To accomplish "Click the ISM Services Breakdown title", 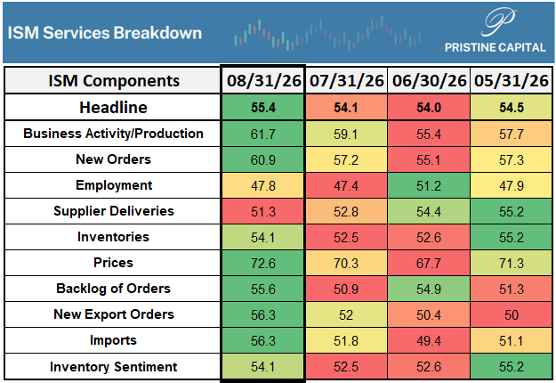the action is pos(105,33).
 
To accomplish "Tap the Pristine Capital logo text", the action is pos(495,47).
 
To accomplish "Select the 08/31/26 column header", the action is pos(263,81).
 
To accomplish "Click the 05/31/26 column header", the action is pos(512,81).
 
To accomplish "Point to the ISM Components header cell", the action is pos(114,81).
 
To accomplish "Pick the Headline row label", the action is pos(113,107).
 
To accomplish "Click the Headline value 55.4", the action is pos(263,108).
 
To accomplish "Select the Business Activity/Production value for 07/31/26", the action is pos(346,134).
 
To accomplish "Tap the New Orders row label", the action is pos(113,159).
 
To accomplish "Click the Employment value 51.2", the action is pos(429,185).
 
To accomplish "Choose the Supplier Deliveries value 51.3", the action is pos(263,212).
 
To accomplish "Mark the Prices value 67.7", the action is pos(429,264).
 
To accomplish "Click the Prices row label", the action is pos(113,263).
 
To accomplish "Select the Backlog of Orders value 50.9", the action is pos(346,289).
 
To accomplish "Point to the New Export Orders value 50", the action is pos(512,314).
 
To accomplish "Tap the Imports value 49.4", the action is pos(429,341).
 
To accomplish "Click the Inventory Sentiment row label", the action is pos(113,367).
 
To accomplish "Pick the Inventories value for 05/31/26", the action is pos(512,238).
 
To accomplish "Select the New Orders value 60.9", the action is pos(263,159).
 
